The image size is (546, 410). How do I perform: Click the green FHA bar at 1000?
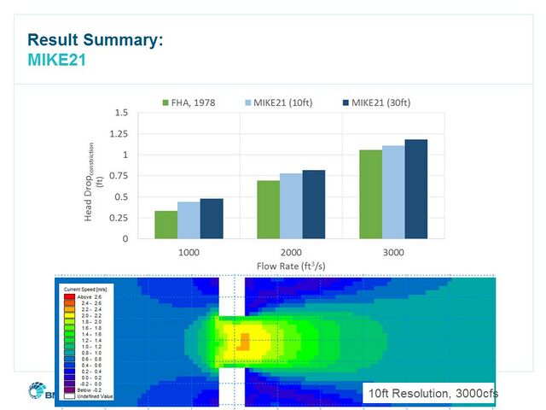point(166,225)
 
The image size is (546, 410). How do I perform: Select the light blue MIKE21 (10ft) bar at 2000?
point(291,206)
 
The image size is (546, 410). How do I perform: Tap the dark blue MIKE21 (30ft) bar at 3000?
point(415,189)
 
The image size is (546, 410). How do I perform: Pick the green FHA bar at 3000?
point(370,194)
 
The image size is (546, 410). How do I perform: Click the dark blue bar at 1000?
point(212,219)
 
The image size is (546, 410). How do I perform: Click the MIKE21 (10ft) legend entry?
point(278,102)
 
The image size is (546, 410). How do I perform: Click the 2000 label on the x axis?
point(291,253)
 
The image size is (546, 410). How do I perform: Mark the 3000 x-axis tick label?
point(393,253)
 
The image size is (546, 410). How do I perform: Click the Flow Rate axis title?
point(291,266)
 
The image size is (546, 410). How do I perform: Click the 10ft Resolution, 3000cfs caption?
point(431,393)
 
